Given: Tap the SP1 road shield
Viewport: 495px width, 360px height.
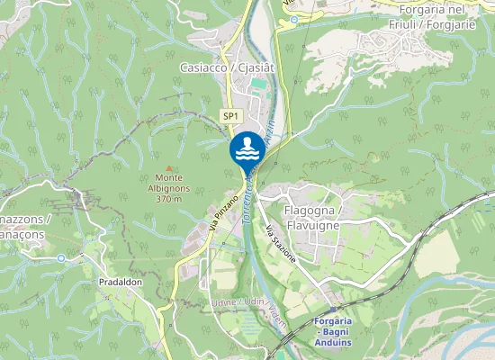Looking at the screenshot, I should click(230, 116).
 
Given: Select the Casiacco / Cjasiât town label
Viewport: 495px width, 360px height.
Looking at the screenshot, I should click(227, 67).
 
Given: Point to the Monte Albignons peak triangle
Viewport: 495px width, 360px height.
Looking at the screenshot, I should click(167, 166).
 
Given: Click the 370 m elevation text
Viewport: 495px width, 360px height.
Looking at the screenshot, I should click(167, 198).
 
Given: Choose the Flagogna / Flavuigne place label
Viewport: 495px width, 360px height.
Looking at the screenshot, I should click(314, 218).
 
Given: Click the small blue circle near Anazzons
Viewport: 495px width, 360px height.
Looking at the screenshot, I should click(60, 258).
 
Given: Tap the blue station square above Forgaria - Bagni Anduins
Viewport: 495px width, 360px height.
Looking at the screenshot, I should click(333, 310).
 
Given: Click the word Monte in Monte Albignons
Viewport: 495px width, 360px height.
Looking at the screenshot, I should click(167, 177).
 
